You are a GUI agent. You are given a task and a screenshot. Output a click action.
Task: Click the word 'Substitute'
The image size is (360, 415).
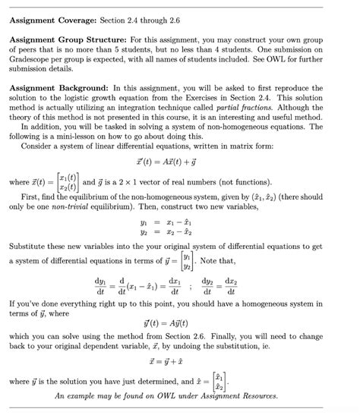(33, 247)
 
